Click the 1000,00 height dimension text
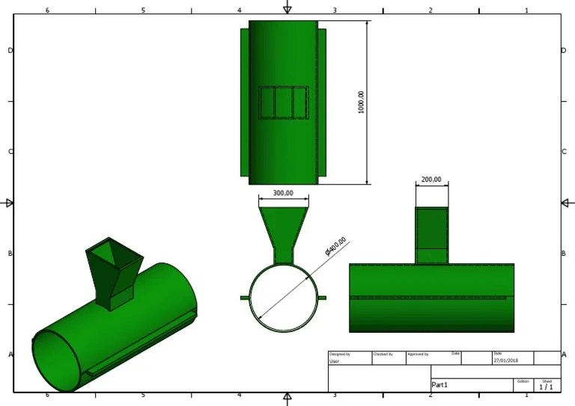pyautogui.click(x=361, y=102)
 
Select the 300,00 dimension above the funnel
pyautogui.click(x=283, y=193)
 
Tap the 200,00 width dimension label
pyautogui.click(x=431, y=179)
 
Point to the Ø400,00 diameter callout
pyautogui.click(x=336, y=247)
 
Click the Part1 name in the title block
pyautogui.click(x=440, y=385)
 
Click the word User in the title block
pyautogui.click(x=334, y=361)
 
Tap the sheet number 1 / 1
pyautogui.click(x=546, y=387)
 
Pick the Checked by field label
pyautogui.click(x=383, y=354)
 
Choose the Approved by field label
pyautogui.click(x=417, y=354)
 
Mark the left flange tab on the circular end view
pyautogui.click(x=244, y=298)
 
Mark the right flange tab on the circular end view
pyautogui.click(x=322, y=298)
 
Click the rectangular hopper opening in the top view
pyautogui.click(x=283, y=102)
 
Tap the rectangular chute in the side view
pyautogui.click(x=431, y=235)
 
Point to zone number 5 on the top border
pyautogui.click(x=143, y=10)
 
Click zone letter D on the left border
pyautogui.click(x=10, y=50)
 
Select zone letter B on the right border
pyautogui.click(x=563, y=253)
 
